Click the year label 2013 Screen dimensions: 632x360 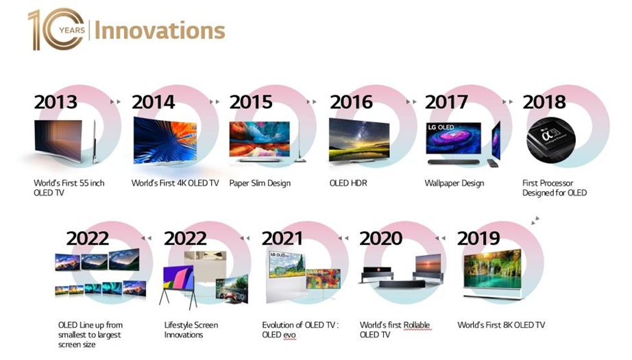click(56, 102)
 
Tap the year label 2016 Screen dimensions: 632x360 click(351, 102)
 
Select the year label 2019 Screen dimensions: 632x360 click(478, 238)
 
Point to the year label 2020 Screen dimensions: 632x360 click(380, 238)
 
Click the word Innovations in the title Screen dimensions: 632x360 click(160, 31)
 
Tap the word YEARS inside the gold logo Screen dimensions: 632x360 click(72, 30)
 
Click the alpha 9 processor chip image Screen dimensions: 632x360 click(550, 139)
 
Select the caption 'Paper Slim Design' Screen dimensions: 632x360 click(260, 183)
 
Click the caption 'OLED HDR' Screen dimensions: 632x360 click(348, 183)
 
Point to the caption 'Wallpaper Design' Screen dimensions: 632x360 click(454, 183)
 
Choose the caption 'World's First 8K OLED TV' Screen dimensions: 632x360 click(501, 325)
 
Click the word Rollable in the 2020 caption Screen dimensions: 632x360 click(417, 325)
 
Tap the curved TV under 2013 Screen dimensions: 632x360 click(58, 141)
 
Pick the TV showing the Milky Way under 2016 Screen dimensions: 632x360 click(359, 140)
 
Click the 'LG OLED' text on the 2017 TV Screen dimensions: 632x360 click(441, 128)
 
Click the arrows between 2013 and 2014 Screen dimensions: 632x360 click(116, 101)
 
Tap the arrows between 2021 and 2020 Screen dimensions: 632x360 click(343, 238)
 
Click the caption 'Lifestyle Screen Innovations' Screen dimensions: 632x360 click(191, 330)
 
